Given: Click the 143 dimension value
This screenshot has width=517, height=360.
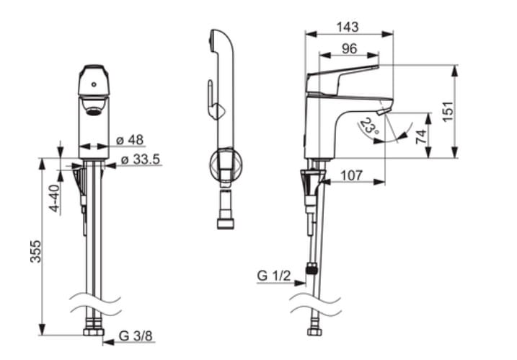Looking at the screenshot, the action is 348,27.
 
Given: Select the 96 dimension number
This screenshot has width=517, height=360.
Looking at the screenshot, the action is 349,49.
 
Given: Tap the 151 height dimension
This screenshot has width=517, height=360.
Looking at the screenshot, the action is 448,112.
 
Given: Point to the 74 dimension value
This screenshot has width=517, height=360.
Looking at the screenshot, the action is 421,136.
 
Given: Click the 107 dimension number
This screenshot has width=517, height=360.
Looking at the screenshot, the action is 352,175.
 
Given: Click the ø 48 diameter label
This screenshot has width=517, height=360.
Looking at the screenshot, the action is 130,140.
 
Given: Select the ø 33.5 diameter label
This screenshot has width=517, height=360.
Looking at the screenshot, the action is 141,159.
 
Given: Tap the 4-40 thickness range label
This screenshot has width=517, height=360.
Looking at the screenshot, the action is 55,198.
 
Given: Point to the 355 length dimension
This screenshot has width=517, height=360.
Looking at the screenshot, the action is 35,252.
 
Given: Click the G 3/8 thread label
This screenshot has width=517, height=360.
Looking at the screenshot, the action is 136,336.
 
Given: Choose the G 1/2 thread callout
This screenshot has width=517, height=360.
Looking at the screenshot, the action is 274,275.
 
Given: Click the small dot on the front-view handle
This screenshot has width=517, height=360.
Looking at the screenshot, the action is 94,84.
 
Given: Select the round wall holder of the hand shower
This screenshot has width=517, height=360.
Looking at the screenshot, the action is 226,165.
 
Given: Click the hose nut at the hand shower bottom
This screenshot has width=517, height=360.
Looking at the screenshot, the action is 226,224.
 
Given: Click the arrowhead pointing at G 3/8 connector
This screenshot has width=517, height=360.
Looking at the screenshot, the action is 108,342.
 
